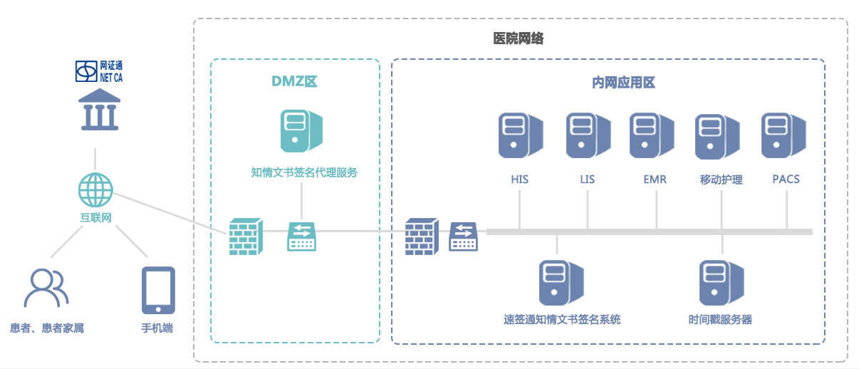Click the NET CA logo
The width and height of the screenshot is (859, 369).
99,71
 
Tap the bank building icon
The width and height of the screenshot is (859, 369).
99,110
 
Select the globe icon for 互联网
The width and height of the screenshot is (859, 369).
95,190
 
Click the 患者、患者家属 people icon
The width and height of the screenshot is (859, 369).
46,289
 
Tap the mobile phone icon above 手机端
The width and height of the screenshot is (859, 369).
157,290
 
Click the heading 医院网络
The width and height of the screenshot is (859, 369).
519,39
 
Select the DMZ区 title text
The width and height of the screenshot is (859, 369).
294,81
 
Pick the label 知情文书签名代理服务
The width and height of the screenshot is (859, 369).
304,172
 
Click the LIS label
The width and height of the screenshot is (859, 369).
587,180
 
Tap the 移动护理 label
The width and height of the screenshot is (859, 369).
721,180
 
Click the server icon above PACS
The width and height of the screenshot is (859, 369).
783,135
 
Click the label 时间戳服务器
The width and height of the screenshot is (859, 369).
720,320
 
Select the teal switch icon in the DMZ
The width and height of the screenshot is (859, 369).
302,237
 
